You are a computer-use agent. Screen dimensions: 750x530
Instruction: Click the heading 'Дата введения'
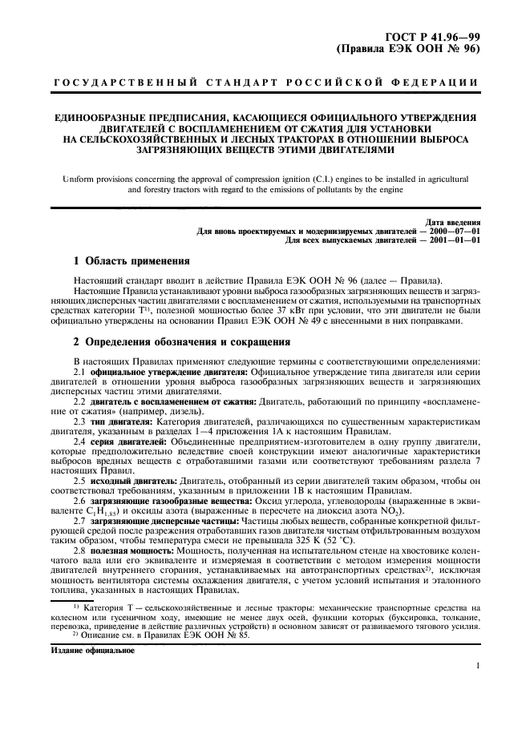point(454,222)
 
